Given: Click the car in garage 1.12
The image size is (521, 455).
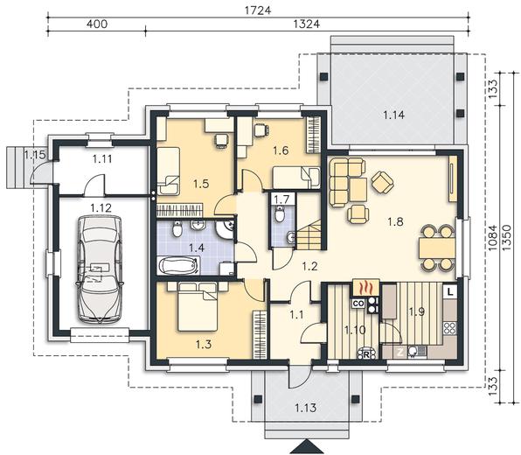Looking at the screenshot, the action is click(100, 269).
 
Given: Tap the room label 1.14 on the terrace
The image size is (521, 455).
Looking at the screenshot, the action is click(393, 115).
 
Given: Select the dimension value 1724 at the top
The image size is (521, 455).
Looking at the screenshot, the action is click(258, 10).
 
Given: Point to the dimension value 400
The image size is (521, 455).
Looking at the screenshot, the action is click(97, 24).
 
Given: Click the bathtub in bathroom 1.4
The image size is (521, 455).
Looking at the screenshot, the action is click(179, 266).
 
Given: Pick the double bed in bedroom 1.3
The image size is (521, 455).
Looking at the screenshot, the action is click(198, 306).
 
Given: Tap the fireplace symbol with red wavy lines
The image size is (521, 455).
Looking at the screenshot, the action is click(365, 287).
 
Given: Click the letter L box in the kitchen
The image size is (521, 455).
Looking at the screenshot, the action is click(450, 292).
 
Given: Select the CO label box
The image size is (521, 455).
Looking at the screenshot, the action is click(358, 304).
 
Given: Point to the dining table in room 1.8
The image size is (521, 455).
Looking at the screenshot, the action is click(436, 248).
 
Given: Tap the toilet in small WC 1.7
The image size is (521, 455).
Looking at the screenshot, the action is click(280, 214).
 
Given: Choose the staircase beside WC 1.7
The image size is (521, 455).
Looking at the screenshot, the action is click(309, 235).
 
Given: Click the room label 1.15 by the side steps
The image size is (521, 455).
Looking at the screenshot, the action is click(35, 154).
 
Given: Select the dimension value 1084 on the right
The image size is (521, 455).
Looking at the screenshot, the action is click(493, 237).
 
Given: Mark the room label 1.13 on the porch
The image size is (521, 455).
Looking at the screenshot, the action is click(306, 408).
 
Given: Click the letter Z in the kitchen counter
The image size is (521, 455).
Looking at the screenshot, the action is click(400, 353).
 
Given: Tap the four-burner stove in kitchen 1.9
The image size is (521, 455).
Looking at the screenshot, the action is click(450, 328).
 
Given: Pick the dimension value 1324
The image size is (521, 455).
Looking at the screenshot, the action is click(306, 24).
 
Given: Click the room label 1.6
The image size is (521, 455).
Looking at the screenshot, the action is click(281, 150).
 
